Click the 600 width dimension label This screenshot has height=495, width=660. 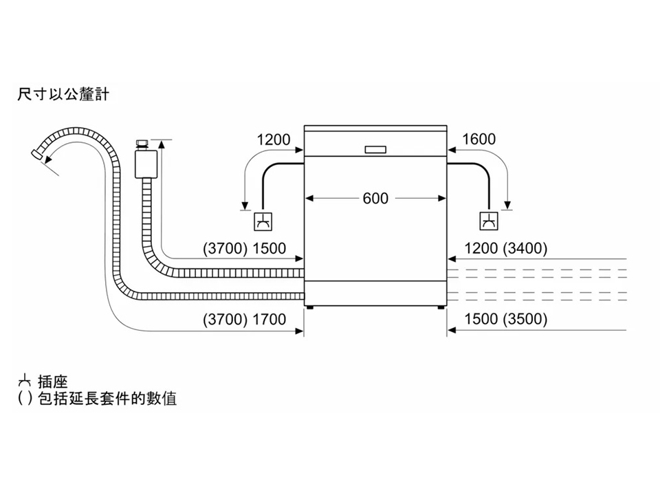click(375, 199)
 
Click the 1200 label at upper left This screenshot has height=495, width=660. click(274, 140)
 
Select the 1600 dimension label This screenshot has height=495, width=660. click(478, 140)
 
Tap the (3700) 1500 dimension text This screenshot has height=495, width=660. click(244, 249)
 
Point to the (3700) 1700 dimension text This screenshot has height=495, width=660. click(244, 320)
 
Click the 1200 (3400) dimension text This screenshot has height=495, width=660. click(506, 249)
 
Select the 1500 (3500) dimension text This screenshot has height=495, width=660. click(506, 320)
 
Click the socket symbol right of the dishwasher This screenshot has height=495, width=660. click(488, 221)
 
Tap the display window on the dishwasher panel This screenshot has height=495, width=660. click(375, 149)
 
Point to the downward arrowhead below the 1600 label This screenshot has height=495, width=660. click(507, 204)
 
